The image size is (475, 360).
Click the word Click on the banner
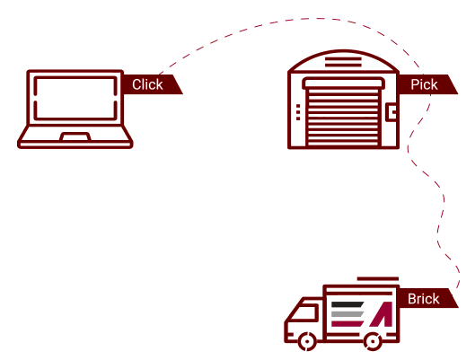click(147, 84)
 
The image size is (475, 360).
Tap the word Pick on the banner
click(424, 84)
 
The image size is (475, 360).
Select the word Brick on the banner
click(423, 299)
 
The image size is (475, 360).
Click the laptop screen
click(75, 99)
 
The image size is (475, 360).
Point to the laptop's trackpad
click(75, 136)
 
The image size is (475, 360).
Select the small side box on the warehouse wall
click(391, 112)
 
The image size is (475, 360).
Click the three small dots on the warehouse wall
click(298, 112)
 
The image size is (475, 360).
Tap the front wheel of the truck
click(307, 341)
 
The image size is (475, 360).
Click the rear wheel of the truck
click(373, 341)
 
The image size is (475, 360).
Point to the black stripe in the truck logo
click(347, 304)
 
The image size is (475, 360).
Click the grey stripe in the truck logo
click(347, 314)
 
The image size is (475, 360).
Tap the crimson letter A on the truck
click(382, 314)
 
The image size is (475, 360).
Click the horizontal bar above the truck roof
click(378, 279)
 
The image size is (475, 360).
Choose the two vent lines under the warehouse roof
click(343, 62)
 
